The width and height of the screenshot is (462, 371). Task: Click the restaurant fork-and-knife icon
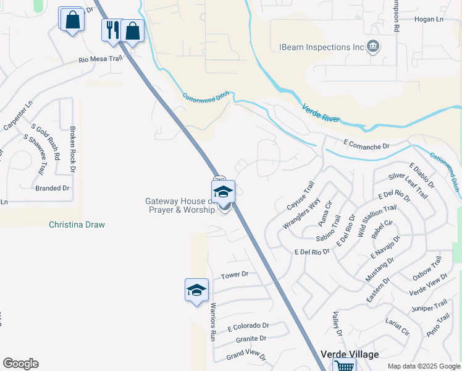[112, 29]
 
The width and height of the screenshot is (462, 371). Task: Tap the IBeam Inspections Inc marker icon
[372, 46]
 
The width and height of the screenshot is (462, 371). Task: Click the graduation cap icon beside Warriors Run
[196, 289]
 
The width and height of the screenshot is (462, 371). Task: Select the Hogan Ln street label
[431, 20]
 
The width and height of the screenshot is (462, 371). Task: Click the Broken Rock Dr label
[72, 149]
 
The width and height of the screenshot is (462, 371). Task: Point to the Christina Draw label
[77, 225]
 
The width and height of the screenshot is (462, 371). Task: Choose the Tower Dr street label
[234, 274]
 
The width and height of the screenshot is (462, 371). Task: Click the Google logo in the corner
[20, 364]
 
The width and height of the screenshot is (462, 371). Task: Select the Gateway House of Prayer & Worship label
[180, 205]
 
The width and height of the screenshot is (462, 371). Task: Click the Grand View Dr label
[245, 357]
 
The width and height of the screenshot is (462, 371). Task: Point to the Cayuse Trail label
[301, 195]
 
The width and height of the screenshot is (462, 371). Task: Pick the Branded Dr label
[52, 188]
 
